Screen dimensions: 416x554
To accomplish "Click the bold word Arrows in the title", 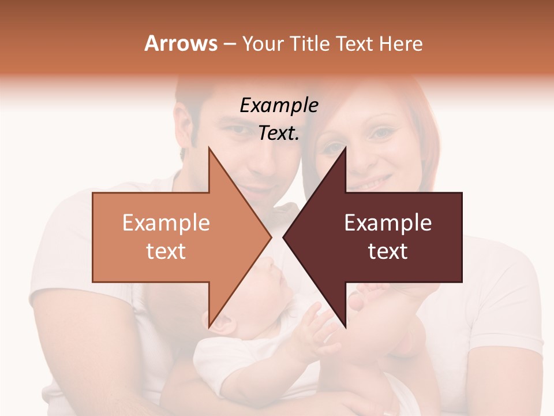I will [x=181, y=43].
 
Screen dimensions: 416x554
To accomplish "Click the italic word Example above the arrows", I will [x=279, y=105].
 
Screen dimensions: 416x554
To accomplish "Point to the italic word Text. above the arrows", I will [x=279, y=133].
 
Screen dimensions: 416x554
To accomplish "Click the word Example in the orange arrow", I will [x=166, y=223].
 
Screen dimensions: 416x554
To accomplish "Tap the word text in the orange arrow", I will [x=166, y=251].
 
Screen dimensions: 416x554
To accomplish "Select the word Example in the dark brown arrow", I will [x=388, y=223].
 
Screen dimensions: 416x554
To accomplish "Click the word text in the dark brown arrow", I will [x=388, y=251].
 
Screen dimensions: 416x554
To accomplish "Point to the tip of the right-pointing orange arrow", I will [x=271, y=237].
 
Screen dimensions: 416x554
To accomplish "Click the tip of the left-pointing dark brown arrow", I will [x=283, y=237].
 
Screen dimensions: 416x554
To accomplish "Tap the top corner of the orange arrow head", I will [x=209, y=148].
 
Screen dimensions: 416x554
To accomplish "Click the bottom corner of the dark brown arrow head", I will [x=346, y=326].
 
